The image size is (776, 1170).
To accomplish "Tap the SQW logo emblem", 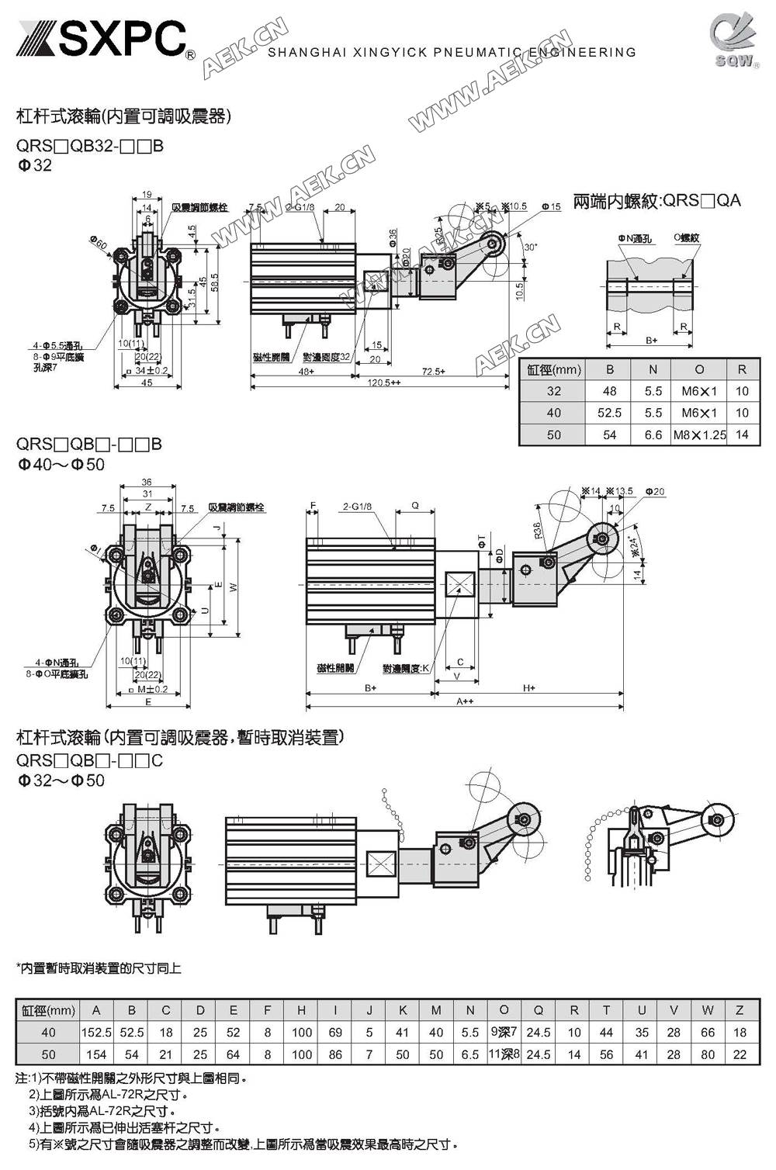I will pos(734,39).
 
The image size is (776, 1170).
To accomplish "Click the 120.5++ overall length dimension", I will pos(385,383).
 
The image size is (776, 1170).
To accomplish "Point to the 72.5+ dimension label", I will pos(434,372).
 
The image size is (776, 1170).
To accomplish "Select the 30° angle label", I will pos(530,247).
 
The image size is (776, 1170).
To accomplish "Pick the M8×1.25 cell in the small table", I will pos(699,435).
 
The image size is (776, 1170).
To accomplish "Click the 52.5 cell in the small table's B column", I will pos(610,414).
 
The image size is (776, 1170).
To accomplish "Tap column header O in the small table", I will pos(699,370).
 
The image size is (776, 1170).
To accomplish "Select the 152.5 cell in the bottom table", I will pos(96,1033).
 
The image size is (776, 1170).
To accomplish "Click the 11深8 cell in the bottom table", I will pos(504,1054).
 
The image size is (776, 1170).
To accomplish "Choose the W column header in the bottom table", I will pos(707,1010).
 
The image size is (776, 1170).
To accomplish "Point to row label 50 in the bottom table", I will pos(48,1054).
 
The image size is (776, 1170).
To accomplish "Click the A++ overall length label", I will pos(465,701).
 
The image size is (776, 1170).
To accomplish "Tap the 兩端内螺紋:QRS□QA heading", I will pos(656,201).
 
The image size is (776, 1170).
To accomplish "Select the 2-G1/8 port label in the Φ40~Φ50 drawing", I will pos(357,507).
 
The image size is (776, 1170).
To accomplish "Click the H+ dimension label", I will pos(528,688).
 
